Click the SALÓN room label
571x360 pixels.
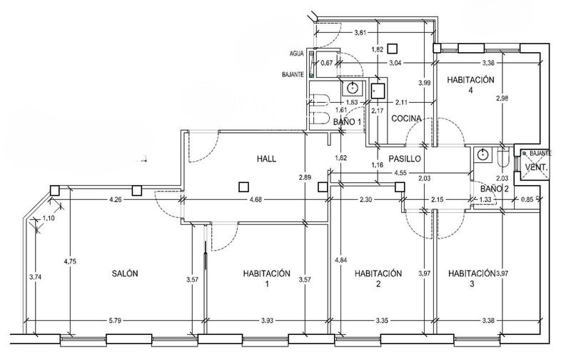[124, 274]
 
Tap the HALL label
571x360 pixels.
[266, 159]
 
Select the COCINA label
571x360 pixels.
[406, 119]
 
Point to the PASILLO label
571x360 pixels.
[404, 159]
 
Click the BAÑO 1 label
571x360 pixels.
[347, 121]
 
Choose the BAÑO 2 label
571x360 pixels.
[494, 189]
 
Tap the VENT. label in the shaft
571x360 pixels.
[537, 168]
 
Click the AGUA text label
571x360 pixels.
[297, 54]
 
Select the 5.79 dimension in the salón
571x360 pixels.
[115, 321]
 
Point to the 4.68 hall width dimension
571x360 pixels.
[257, 200]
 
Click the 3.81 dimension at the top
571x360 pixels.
[360, 32]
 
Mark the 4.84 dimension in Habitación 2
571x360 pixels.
[341, 260]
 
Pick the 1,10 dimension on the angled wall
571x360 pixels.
[49, 219]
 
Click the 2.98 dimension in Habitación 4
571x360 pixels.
[502, 98]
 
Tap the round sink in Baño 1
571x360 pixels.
[352, 87]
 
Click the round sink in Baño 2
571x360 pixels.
[483, 154]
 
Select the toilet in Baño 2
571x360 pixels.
[504, 156]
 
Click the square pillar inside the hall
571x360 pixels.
[243, 187]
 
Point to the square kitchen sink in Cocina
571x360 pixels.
[378, 91]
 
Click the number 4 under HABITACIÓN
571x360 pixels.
[470, 90]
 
